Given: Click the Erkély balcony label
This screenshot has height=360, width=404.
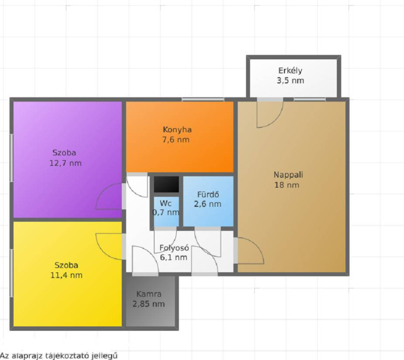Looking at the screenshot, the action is pos(290,70).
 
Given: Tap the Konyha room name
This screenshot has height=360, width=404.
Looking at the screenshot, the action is pos(177,129).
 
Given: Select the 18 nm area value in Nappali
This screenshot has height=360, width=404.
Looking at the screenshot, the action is pos(287,185).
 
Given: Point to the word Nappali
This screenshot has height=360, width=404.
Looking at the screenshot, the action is pos(288,175).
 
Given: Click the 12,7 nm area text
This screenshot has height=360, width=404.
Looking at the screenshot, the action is pos(65,163).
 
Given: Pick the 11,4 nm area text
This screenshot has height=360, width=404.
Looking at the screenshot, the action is pos(66,275).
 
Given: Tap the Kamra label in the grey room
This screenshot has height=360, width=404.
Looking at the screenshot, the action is pos(149,294).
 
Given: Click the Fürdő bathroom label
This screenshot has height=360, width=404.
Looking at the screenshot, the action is pos(208,194).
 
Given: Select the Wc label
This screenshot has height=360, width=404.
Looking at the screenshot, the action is pos(165,203).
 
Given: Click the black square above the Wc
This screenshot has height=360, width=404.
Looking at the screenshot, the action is pos(166,184).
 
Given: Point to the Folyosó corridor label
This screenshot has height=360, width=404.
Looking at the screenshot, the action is pos(174,248).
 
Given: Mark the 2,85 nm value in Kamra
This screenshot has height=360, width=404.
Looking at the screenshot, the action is pos(149,304).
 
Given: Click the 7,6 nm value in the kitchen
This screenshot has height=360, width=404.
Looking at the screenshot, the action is pos(176,139).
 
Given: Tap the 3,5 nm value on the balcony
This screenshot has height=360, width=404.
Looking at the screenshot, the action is pos(290,81).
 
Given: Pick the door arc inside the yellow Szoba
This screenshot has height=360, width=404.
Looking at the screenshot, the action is pos(101,251).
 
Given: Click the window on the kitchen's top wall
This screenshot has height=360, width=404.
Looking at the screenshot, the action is pos(203,99).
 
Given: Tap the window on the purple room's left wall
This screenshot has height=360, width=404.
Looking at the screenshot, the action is pos(11,157).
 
